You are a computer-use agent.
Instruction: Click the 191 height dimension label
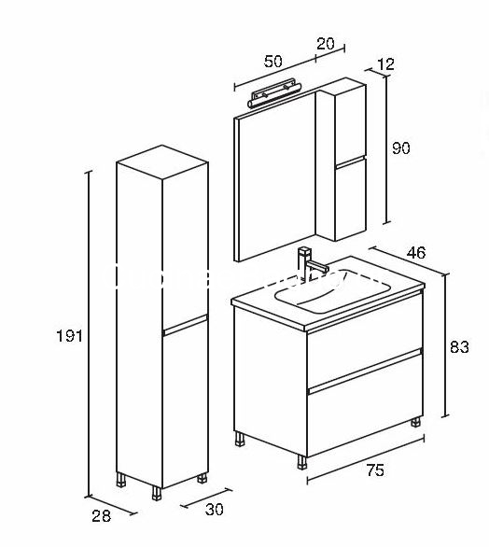[x=69, y=336]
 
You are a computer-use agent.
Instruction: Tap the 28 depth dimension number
[x=101, y=516]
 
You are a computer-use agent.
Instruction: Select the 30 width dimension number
[x=214, y=510]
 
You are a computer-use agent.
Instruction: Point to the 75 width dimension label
[x=375, y=470]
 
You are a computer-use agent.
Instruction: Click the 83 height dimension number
[x=459, y=346]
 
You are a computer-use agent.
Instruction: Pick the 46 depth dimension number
[x=416, y=252]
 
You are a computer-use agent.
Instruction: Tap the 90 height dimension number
[x=401, y=147]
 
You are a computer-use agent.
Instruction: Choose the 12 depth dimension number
[x=385, y=64]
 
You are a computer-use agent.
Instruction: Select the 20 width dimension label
[x=326, y=43]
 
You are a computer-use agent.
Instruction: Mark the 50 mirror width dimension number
[x=272, y=62]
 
